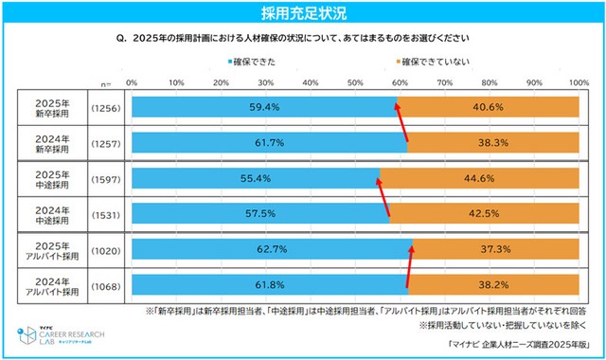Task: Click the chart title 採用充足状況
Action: [303, 12]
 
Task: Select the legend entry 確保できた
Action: [256, 61]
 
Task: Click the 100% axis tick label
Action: [577, 83]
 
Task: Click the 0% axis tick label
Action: [132, 83]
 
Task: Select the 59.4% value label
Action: [264, 107]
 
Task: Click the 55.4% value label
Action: [255, 178]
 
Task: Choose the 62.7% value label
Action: [271, 249]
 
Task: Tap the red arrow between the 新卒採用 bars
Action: [401, 124]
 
